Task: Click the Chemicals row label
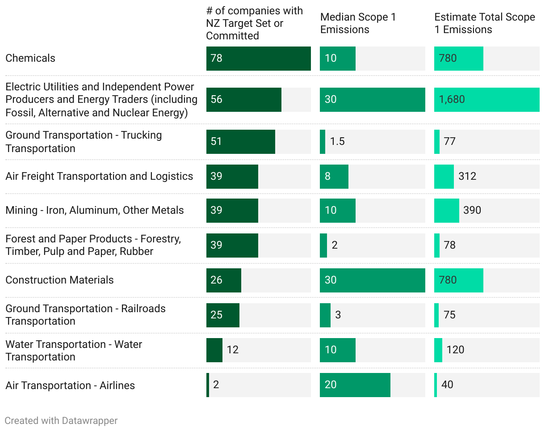coord(30,58)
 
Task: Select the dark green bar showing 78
coord(258,59)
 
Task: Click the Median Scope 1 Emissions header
coord(358,23)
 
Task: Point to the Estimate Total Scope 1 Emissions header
coord(484,23)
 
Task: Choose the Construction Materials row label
coord(59,280)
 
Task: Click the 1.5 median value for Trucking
coord(337,141)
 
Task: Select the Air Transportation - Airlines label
coord(70,385)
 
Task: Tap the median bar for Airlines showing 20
coord(355,385)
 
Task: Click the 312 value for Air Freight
coord(467,176)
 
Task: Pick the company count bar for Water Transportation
coord(214,350)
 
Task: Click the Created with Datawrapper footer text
coord(61,421)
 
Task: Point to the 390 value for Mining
coord(472,210)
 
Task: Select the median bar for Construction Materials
coord(372,280)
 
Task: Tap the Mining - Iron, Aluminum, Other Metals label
coord(95,210)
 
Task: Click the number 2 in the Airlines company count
coord(216,385)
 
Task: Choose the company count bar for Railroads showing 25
coord(222,315)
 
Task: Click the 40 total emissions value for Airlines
coord(447,385)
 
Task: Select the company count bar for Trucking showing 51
coord(240,142)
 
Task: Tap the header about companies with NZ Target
coord(254,23)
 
